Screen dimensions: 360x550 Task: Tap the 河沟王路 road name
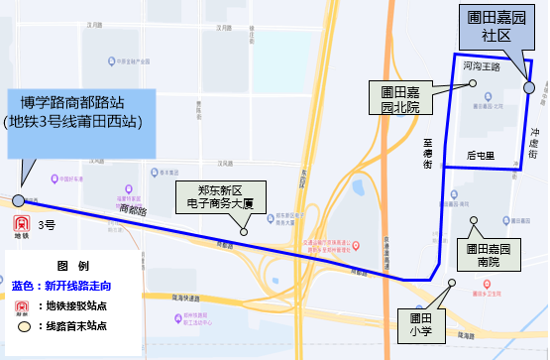point(481,67)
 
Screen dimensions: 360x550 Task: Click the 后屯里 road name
point(481,156)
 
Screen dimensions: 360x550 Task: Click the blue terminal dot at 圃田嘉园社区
point(528,88)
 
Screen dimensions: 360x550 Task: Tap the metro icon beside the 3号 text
point(22,226)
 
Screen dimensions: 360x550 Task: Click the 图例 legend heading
point(73,266)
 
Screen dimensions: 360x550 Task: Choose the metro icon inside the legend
point(23,305)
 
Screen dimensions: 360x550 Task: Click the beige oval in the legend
point(23,325)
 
